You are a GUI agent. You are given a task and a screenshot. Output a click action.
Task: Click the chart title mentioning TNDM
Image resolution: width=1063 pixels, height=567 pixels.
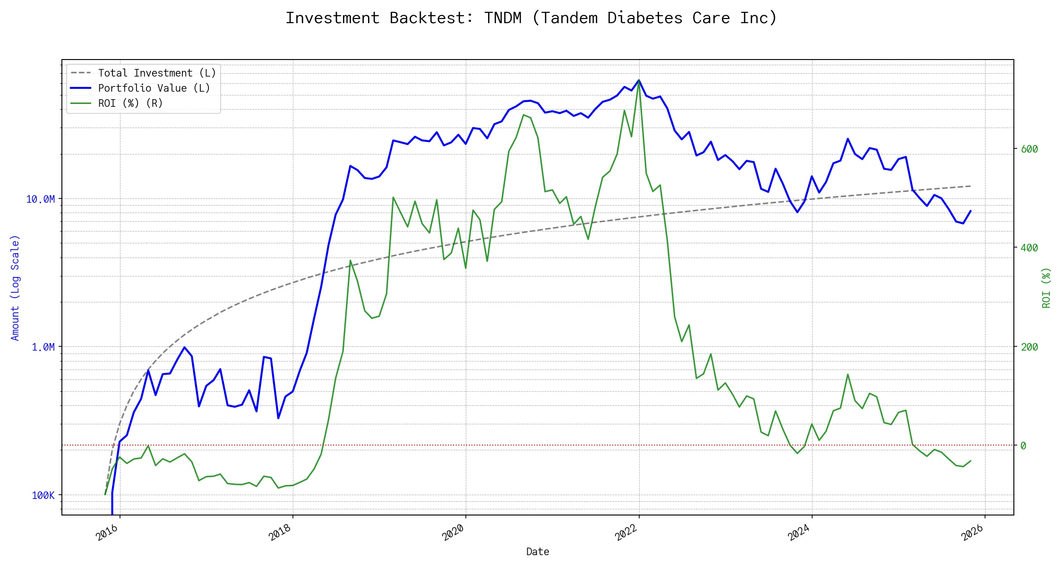531,18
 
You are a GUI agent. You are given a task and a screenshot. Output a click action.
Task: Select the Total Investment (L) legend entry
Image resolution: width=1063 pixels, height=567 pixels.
156,73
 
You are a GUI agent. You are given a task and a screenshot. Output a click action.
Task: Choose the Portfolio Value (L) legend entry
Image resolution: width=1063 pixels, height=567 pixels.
154,88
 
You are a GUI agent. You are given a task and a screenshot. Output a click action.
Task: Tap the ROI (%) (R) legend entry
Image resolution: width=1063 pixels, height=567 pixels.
130,103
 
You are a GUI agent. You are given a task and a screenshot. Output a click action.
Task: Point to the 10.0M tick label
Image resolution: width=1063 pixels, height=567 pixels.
40,199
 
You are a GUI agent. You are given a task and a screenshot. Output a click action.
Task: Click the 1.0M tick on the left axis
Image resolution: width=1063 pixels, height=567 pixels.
43,347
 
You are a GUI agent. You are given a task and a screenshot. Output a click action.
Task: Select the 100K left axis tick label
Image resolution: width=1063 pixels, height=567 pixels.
43,496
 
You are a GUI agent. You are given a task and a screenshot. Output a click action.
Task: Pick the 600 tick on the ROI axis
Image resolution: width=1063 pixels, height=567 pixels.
1029,149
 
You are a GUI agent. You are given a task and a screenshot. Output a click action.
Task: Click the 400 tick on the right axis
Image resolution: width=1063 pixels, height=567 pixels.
1029,248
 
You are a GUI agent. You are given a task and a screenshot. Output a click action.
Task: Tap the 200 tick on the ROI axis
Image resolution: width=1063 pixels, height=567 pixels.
1029,347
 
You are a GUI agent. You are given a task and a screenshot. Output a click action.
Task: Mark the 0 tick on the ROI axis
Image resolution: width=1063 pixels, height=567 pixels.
1023,446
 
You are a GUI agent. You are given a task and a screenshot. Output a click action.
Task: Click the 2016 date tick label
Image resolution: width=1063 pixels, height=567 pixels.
107,533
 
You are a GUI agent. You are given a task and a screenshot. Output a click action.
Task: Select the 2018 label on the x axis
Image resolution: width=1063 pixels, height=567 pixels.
280,533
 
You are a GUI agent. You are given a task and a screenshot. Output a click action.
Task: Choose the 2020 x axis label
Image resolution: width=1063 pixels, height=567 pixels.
453,533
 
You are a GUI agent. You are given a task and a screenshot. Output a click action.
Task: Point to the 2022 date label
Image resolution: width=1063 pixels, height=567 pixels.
626,533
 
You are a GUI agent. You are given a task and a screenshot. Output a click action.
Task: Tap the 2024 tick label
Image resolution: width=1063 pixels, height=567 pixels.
799,533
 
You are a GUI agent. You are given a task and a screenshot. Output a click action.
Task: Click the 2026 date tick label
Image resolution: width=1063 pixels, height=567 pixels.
972,533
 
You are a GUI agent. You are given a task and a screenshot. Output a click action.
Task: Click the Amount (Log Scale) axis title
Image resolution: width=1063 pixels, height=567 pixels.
15,288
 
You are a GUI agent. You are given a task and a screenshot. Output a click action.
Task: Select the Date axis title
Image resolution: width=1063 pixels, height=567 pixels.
538,552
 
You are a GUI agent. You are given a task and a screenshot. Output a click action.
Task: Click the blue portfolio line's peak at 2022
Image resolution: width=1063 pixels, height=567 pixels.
639,81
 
